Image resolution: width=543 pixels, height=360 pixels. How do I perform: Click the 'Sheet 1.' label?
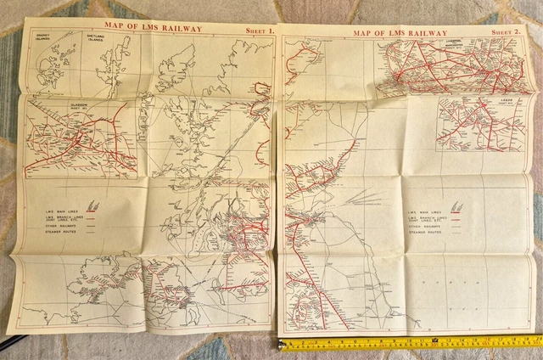pos(256,32)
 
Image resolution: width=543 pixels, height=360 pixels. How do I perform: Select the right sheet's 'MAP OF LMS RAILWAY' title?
pos(400,32)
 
